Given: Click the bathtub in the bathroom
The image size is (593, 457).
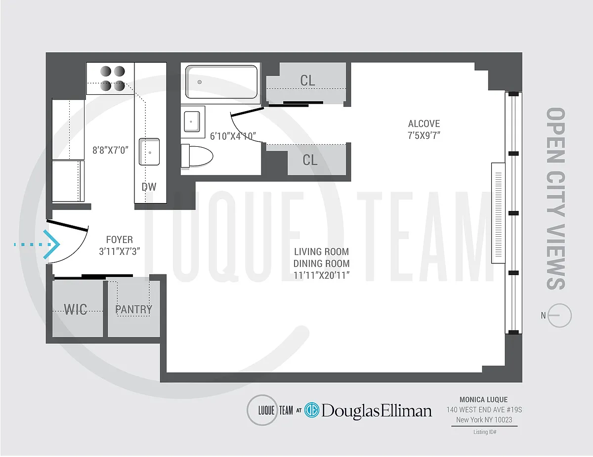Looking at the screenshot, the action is point(221,82).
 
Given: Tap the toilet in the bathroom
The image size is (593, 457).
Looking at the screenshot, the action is point(197,156).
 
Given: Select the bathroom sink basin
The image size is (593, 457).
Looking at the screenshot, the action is point(192,122).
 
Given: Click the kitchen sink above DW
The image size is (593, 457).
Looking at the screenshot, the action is point(149,152).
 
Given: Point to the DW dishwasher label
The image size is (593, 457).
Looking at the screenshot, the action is point(149,187).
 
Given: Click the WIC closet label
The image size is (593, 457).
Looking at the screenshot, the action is point(76,310).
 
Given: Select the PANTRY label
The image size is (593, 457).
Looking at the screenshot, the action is point(133,309).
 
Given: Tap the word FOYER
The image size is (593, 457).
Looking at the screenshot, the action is point(120,240).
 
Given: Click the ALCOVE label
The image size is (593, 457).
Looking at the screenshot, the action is point(424,124).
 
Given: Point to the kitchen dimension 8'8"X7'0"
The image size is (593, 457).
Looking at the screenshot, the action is point(110,150).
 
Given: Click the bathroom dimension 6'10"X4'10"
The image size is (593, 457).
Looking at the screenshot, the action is point(233,136).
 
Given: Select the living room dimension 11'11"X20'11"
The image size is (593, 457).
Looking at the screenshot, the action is point(322,275).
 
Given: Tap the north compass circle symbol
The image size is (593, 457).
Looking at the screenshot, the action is point(559,315).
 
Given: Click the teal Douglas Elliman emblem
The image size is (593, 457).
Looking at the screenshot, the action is point(312,410).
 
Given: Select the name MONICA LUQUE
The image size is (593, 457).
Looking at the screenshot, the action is point(484,400).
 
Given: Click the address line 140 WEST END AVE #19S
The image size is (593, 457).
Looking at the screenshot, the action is point(484,410).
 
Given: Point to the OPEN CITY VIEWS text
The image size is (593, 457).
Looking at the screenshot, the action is point(555,199).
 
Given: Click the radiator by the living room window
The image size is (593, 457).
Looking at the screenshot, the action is point(498,213).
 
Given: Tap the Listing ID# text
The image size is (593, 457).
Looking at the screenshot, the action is point(485,432).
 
